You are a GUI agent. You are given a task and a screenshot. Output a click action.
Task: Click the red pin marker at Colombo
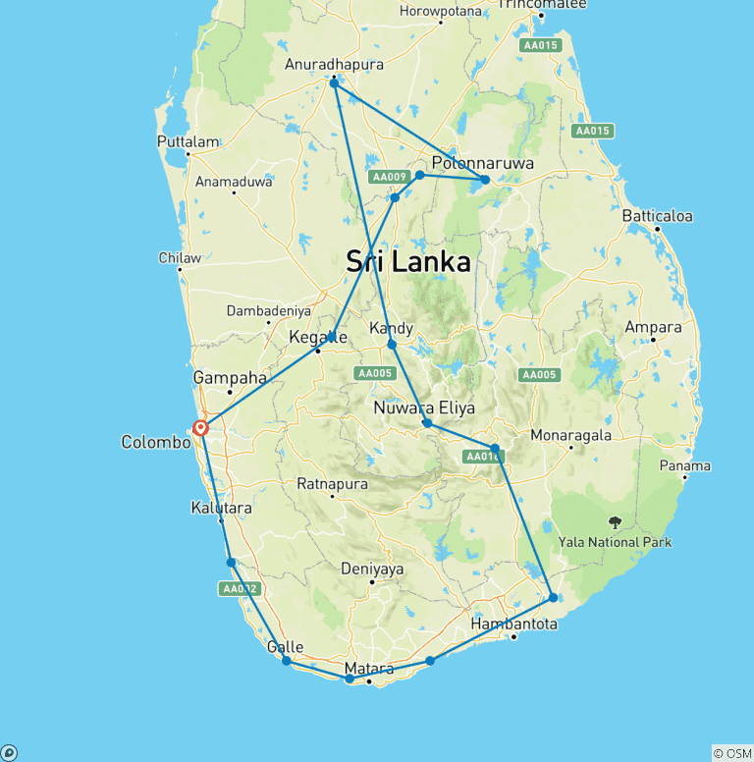[200, 427]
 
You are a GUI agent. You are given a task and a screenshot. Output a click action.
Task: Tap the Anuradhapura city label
[334, 64]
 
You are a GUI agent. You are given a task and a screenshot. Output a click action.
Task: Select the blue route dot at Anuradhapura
[334, 83]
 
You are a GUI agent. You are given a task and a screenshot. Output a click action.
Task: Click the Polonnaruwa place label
[483, 163]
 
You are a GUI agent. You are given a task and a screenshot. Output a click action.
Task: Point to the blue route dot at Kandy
[392, 345]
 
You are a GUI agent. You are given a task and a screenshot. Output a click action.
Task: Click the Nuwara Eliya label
[424, 407]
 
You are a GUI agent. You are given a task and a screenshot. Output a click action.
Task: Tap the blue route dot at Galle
[287, 661]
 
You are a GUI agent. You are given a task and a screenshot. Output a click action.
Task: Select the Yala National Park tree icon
[615, 522]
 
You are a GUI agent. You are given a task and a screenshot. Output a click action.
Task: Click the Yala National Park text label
[615, 542]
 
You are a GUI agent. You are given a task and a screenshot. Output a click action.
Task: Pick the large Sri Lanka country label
[407, 262]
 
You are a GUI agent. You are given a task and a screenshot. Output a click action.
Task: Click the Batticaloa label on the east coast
[657, 215]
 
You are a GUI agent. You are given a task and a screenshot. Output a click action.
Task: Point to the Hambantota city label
[514, 624]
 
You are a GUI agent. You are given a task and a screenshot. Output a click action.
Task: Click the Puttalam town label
[188, 141]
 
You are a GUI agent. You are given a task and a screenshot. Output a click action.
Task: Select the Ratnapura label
[332, 484]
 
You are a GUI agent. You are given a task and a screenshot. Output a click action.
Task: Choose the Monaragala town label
[570, 434]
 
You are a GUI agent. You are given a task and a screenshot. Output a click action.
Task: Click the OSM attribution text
[732, 753]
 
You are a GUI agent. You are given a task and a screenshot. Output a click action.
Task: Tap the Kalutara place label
[221, 509]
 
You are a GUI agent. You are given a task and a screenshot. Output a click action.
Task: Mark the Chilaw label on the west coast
[180, 258]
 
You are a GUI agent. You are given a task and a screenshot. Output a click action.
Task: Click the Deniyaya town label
[372, 568]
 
